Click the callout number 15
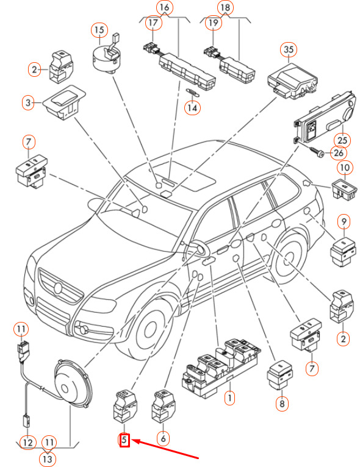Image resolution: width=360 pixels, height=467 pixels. tap(99, 30)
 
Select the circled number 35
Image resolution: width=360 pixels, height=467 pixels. tap(289, 49)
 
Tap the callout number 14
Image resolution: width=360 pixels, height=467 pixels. tap(193, 107)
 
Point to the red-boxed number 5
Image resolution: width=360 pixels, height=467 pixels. tap(124, 440)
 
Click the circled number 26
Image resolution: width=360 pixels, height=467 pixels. tap(339, 153)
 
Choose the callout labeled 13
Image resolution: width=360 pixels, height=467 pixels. tap(48, 458)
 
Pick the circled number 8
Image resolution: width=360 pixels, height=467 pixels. tap(282, 404)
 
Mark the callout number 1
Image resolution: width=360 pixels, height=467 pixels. tap(229, 397)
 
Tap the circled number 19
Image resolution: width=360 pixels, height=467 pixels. tap(214, 23)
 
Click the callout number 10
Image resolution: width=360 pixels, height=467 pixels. tap(345, 168)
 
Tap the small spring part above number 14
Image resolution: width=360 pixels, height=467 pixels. tap(193, 92)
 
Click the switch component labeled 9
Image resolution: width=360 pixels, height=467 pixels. tap(343, 252)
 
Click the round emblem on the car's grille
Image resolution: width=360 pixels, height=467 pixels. tap(59, 288)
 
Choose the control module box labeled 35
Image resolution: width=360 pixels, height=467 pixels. tap(292, 80)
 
